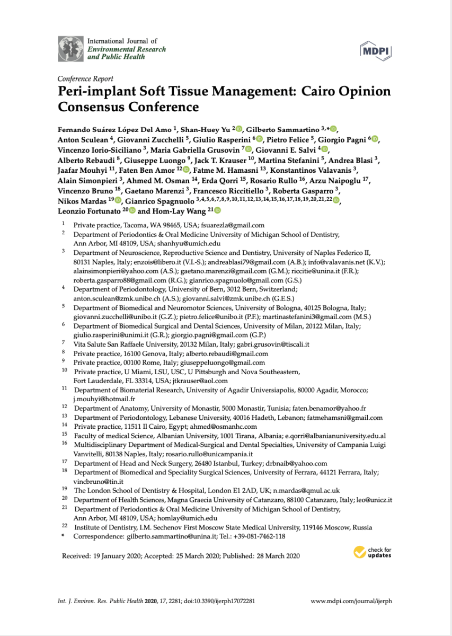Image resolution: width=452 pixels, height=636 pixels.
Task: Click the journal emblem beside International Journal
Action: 70,49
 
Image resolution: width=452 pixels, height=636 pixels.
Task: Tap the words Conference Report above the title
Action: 85,79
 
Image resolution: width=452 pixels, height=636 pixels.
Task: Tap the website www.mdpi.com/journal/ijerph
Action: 351,601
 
